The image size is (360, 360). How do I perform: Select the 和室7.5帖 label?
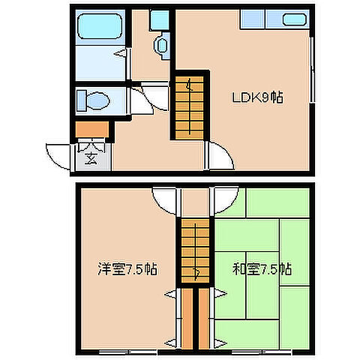262,268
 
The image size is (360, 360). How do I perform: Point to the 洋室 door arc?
166,200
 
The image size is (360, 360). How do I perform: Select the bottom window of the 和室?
262,349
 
